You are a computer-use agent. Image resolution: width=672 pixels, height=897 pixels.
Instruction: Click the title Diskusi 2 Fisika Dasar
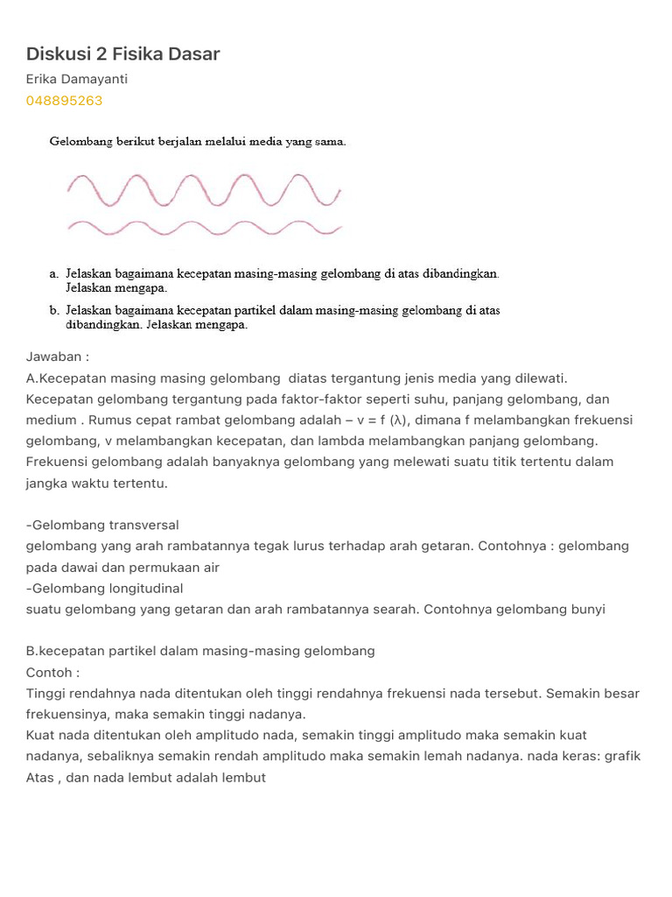tap(122, 54)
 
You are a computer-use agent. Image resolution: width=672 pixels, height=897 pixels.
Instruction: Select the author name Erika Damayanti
tap(77, 80)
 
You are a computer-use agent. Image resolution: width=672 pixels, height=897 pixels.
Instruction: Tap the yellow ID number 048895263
tap(64, 101)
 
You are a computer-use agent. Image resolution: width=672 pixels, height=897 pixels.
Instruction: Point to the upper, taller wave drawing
tap(204, 189)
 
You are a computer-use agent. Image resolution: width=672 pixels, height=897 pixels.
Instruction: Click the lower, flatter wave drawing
tap(204, 228)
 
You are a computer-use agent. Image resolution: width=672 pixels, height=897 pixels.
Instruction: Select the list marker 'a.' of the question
tap(54, 274)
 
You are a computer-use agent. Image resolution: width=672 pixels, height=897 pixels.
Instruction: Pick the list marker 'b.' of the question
tap(54, 310)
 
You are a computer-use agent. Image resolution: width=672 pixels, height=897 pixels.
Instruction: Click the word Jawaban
tap(53, 357)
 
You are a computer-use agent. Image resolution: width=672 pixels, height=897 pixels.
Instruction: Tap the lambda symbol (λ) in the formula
tap(398, 420)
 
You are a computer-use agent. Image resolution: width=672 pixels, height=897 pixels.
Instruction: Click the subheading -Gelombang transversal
tap(102, 525)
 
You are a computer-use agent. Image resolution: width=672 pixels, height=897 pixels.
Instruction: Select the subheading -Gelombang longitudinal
tap(105, 588)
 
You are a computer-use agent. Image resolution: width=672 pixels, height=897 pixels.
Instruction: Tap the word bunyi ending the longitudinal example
tap(586, 609)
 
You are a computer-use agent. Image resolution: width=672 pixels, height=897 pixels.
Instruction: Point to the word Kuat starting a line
tap(41, 735)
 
